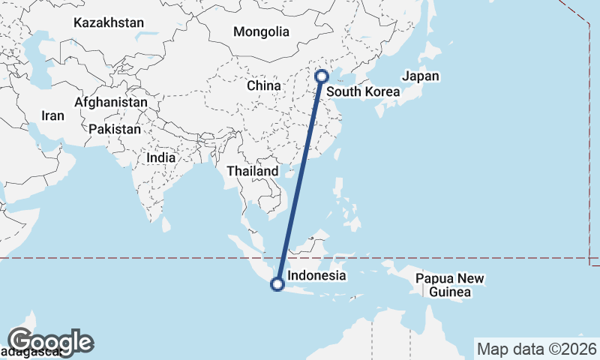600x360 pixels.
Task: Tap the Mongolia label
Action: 261,32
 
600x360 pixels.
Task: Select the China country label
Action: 264,85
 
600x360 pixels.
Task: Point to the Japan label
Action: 421,76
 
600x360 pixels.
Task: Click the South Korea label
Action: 363,93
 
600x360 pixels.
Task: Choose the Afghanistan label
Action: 111,101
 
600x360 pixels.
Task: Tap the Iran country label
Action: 52,115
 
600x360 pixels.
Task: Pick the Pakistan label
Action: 115,129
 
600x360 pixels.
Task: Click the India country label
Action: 161,158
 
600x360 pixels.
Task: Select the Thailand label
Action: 253,171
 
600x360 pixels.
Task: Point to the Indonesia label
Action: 317,275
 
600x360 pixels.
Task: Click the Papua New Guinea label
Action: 451,286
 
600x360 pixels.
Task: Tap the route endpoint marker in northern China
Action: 322,76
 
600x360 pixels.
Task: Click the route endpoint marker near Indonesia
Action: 277,284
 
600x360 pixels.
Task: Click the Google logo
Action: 51,341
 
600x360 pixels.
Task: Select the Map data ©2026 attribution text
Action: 536,349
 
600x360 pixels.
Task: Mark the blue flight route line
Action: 300,180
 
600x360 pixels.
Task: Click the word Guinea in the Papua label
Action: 451,292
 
